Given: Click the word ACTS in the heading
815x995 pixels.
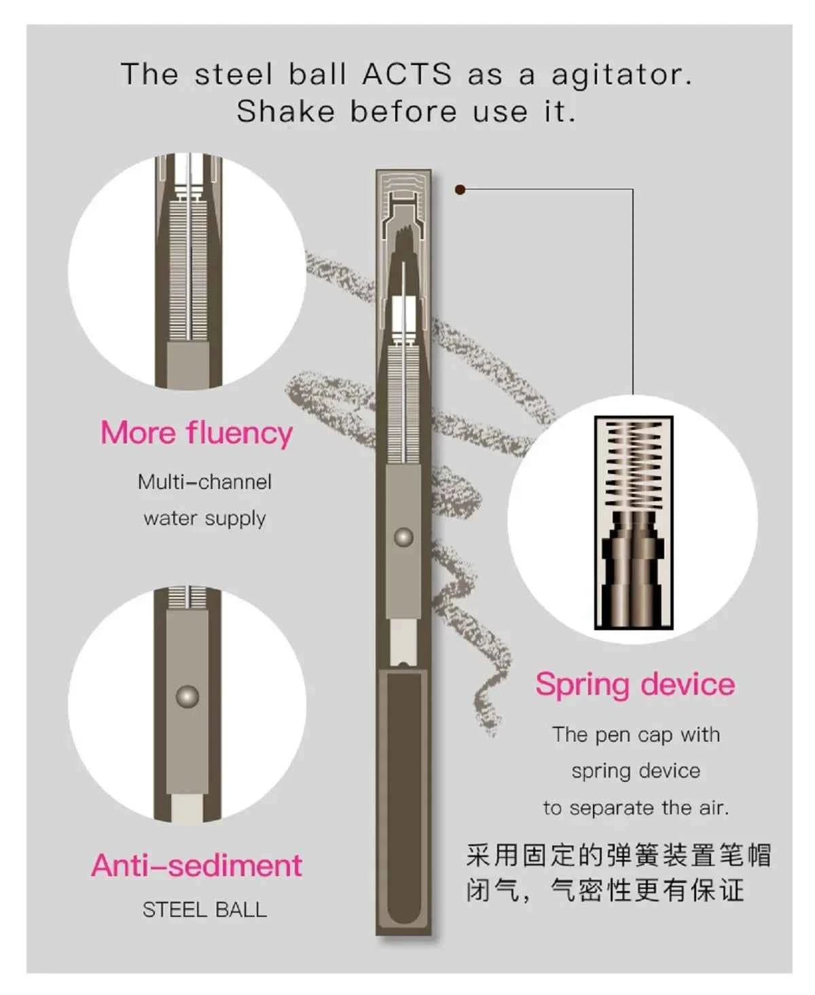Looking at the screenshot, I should click(407, 74).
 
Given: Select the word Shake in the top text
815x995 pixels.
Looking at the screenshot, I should click(286, 111).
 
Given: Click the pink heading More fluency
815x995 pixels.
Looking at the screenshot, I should click(196, 433).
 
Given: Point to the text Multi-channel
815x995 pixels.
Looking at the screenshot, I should click(204, 482).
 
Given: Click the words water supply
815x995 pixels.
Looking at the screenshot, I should click(204, 519).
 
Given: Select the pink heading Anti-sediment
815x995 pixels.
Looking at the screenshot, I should click(197, 865).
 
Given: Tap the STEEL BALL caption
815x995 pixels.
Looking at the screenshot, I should click(204, 910).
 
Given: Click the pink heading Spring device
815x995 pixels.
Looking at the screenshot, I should click(635, 685).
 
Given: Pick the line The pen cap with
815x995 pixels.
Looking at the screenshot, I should click(636, 735).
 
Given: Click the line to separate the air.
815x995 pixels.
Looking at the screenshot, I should click(636, 808).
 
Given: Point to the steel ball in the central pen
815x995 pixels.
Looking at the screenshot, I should click(404, 537).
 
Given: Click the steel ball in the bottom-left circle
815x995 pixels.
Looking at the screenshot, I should click(187, 696).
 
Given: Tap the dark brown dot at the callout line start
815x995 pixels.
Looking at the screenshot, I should click(460, 189).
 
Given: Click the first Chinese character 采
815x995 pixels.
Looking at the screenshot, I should click(479, 855).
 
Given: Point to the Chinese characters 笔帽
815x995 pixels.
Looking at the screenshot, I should click(745, 855).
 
